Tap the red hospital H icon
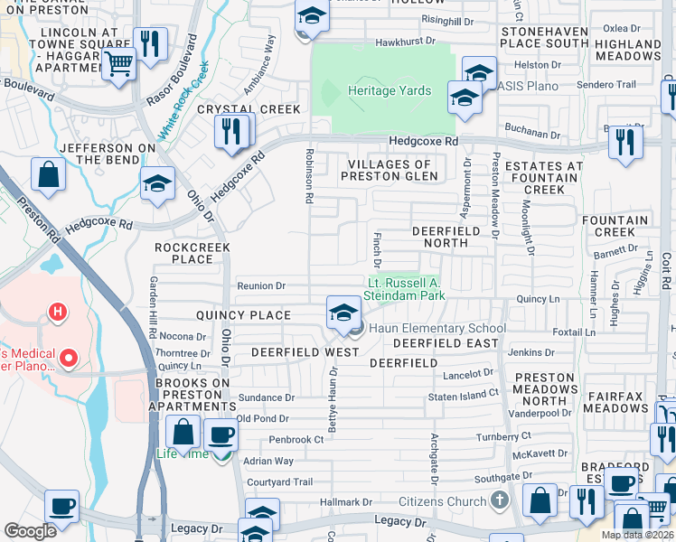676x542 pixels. (x=58, y=313)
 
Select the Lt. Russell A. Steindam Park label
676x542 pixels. (x=406, y=288)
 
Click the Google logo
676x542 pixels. (x=30, y=531)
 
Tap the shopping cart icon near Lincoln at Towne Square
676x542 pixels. (x=118, y=64)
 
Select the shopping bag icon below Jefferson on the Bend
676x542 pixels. (x=48, y=173)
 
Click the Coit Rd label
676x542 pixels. (x=666, y=271)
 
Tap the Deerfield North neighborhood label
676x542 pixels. (x=440, y=237)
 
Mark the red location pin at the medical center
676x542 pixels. (x=69, y=358)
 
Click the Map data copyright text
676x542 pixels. (x=637, y=535)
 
